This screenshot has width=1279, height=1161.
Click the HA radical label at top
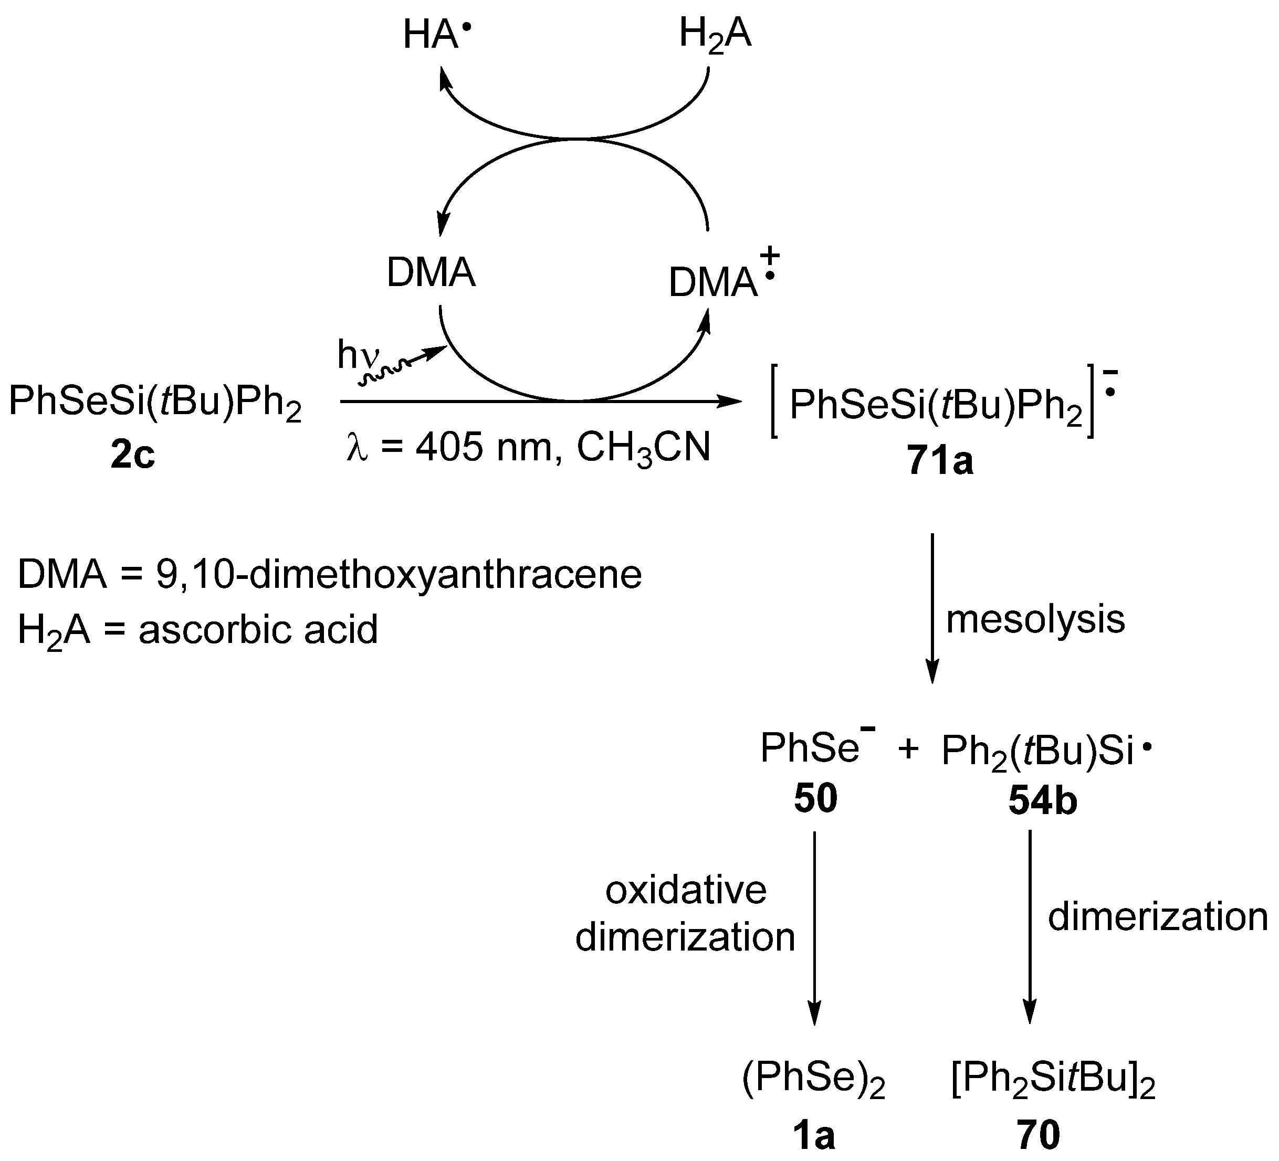click(x=437, y=35)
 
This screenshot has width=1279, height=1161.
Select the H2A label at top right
click(x=715, y=35)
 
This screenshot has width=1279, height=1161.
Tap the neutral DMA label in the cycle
click(x=431, y=274)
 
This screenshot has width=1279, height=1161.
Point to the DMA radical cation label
click(x=720, y=279)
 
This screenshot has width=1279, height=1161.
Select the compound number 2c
click(x=133, y=455)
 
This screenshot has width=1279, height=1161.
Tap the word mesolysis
click(x=1035, y=619)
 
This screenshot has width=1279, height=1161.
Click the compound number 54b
click(x=1042, y=801)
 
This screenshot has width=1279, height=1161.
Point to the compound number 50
click(x=815, y=798)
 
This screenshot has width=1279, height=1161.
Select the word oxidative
click(x=686, y=890)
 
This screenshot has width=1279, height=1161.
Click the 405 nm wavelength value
click(x=487, y=448)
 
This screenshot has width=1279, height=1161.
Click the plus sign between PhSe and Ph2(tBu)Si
click(x=908, y=749)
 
